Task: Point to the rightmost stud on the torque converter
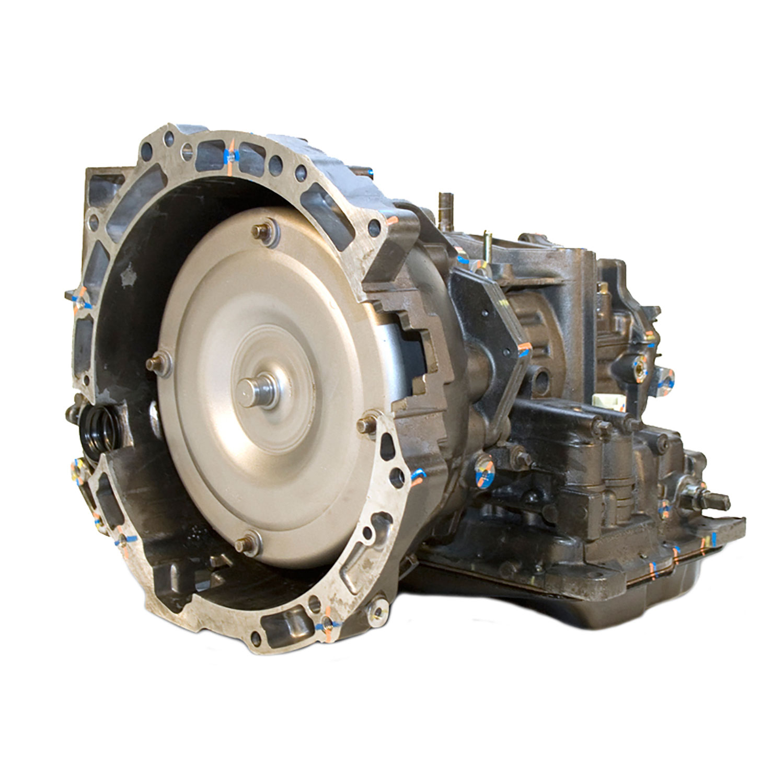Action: point(364,424)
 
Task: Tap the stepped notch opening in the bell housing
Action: point(413,345)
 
